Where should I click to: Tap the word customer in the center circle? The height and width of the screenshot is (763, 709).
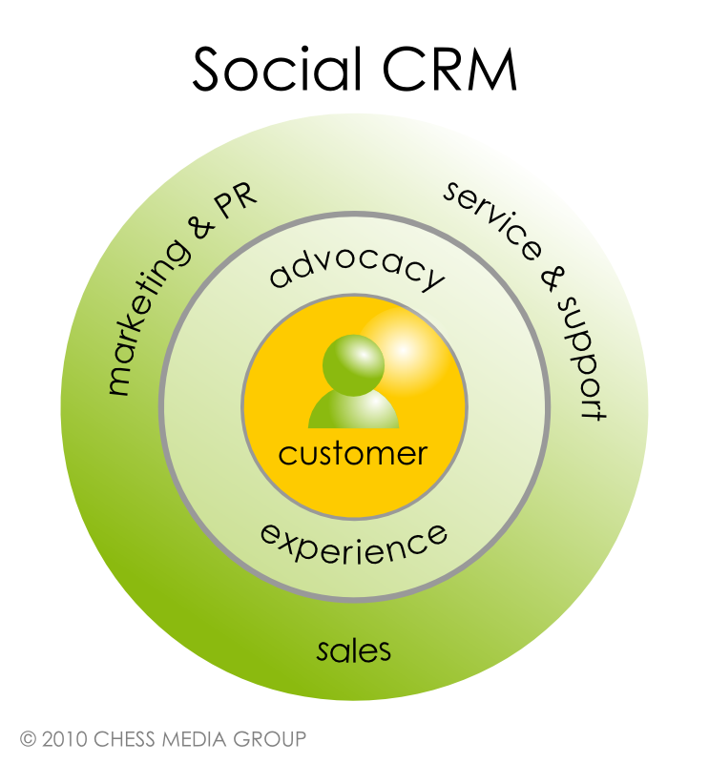(x=353, y=453)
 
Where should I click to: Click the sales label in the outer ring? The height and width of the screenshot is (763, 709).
(x=354, y=651)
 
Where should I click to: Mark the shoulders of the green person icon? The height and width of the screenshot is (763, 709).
(x=354, y=411)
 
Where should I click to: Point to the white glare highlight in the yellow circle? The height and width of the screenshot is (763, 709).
(x=403, y=350)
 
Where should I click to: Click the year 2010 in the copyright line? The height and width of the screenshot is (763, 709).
(x=63, y=738)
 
